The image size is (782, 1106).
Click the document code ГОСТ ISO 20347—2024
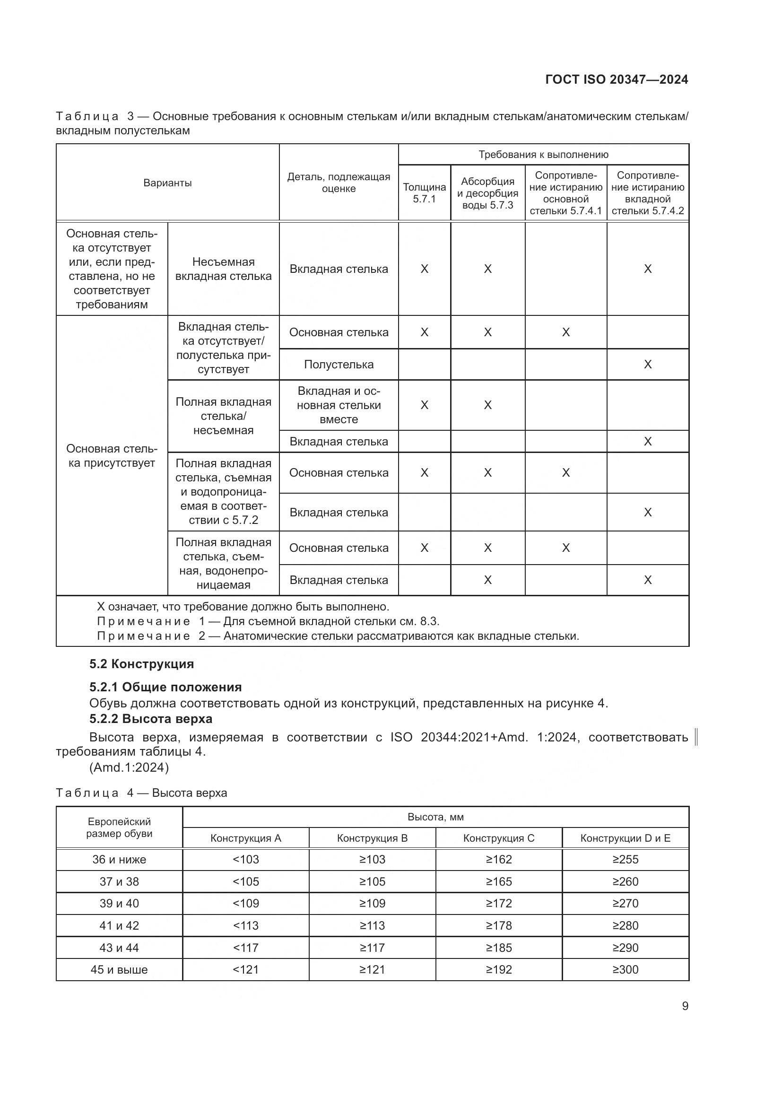(x=617, y=79)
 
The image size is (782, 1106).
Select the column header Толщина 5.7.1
(x=424, y=192)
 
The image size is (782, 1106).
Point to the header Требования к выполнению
(x=543, y=155)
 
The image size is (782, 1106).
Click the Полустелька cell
(x=339, y=365)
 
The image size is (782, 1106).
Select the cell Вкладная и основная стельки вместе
(x=339, y=405)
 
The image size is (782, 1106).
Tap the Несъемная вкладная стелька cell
(x=224, y=269)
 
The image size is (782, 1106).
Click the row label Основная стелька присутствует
(x=112, y=456)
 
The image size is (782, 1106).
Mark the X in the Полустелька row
(x=647, y=365)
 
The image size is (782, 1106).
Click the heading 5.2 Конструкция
(x=141, y=664)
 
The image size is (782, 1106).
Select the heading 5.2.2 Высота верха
(x=151, y=719)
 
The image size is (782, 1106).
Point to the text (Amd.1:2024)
(x=129, y=767)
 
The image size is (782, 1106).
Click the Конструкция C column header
(x=498, y=838)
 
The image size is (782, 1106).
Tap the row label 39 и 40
(x=119, y=903)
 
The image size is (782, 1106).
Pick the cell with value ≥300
(x=625, y=970)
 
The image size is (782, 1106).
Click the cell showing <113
(x=245, y=925)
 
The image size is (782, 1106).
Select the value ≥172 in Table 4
(x=498, y=903)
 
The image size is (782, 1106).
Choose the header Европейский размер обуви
(x=119, y=827)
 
